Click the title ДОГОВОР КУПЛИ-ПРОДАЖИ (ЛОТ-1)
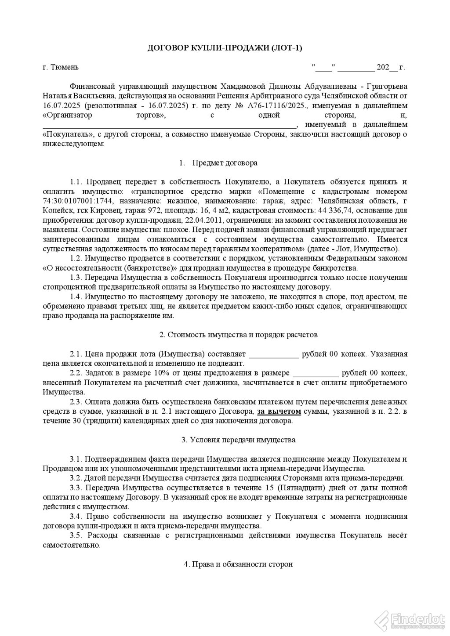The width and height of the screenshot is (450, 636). [x=225, y=48]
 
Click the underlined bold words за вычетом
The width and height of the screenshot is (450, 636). [x=279, y=412]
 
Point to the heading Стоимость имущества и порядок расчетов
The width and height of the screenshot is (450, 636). [x=238, y=335]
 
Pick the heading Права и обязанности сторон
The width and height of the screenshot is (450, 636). [x=238, y=564]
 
